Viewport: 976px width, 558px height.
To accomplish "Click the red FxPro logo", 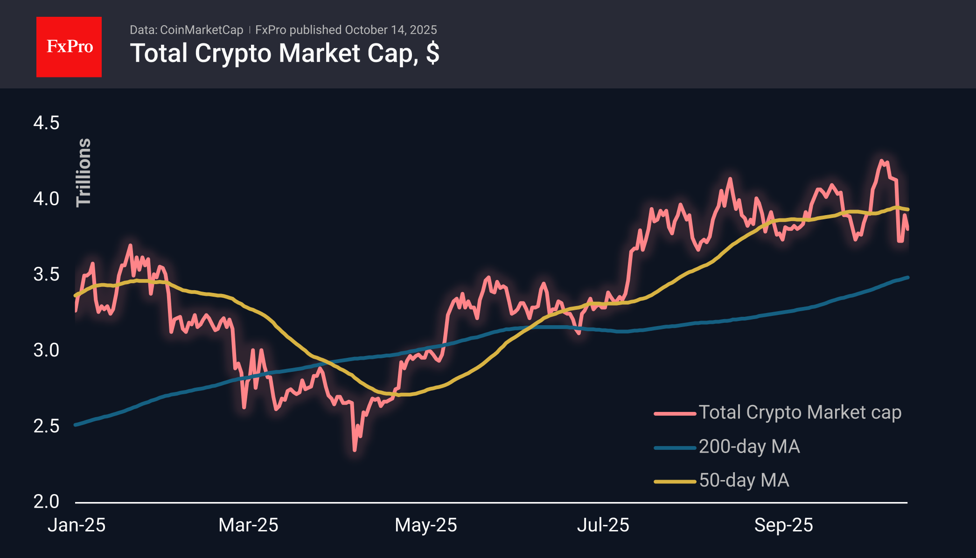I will [69, 47].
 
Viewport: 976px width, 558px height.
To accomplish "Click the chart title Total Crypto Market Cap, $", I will [284, 53].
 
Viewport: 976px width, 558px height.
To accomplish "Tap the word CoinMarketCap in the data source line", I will [202, 30].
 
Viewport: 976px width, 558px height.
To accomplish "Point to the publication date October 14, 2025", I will [391, 30].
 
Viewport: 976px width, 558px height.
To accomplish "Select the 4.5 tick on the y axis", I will [46, 123].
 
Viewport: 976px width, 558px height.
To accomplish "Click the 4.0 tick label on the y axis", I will [46, 199].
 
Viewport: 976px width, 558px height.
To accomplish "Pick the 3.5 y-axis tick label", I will [46, 274].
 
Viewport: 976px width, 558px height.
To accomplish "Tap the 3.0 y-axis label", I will [46, 350].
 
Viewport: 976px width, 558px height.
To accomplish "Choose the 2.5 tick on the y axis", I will [46, 426].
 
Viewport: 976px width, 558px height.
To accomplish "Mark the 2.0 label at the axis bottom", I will [46, 502].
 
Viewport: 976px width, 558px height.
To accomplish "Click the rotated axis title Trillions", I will [84, 173].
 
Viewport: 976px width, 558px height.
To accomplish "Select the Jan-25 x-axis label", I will [77, 525].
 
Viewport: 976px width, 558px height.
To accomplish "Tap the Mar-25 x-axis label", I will [248, 525].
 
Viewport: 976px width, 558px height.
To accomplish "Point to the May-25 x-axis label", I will [425, 525].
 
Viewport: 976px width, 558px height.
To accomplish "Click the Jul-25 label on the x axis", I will [603, 525].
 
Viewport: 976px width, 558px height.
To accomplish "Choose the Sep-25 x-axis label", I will [783, 525].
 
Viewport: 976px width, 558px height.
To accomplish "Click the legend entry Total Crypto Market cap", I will [800, 412].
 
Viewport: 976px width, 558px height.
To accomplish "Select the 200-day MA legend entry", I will [749, 446].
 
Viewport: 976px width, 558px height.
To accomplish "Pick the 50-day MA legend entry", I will [744, 481].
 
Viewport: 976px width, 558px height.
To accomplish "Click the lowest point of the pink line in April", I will [355, 450].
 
